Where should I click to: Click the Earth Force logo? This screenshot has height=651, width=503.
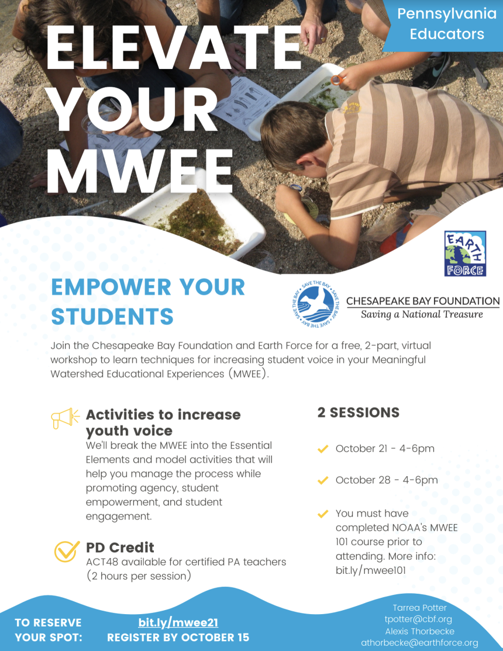coord(465,253)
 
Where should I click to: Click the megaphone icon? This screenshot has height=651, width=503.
coord(65,418)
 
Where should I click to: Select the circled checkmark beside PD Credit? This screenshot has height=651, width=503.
coord(67,550)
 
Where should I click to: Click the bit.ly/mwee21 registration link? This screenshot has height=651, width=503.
coord(178,622)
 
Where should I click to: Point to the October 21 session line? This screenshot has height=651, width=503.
coord(384,449)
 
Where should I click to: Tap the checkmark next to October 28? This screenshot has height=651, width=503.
coord(322,480)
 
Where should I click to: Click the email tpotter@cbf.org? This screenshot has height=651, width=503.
coord(418,619)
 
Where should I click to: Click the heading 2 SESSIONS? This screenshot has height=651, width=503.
coord(359,413)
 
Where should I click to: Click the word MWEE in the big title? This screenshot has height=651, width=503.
coord(140,169)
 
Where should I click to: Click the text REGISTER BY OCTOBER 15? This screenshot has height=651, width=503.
coord(178,637)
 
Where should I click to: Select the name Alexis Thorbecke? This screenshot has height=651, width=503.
coord(419,631)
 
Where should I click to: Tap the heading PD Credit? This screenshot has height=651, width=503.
coord(120,548)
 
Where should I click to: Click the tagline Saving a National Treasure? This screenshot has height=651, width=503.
coord(422,314)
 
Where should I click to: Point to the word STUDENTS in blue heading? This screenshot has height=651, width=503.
coord(112,316)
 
